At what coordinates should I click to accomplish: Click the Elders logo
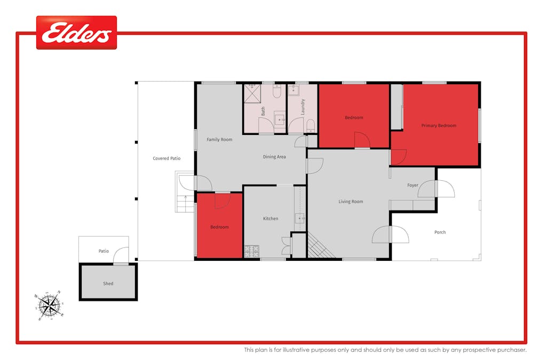[x=76, y=33]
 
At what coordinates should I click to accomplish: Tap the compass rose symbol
[x=49, y=305]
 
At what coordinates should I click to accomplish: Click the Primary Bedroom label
[x=439, y=125]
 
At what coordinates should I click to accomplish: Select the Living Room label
[x=351, y=202]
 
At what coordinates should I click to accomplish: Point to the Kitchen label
[x=271, y=219]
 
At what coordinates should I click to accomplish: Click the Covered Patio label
[x=166, y=158]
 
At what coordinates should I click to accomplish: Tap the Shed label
[x=108, y=284]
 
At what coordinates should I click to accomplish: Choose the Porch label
[x=440, y=232]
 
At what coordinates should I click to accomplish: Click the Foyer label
[x=412, y=185]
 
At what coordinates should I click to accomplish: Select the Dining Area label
[x=274, y=157]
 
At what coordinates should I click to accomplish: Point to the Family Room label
[x=219, y=140]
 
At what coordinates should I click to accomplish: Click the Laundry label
[x=302, y=107]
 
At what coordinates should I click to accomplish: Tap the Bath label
[x=263, y=111]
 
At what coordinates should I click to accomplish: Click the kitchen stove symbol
[x=251, y=251]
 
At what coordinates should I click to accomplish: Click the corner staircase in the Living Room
[x=320, y=247]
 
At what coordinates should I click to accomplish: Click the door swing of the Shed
[x=121, y=254]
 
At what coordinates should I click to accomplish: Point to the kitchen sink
[x=299, y=218]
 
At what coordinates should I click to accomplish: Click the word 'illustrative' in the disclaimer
[x=320, y=350]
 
